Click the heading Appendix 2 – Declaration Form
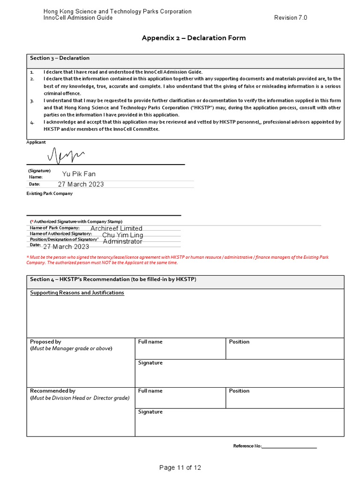click(x=194, y=38)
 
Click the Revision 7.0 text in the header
click(x=291, y=18)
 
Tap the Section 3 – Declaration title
click(x=60, y=58)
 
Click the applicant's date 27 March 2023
click(x=81, y=184)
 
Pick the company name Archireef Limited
click(x=116, y=228)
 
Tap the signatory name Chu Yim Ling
click(x=122, y=235)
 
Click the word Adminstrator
click(x=122, y=241)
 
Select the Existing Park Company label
click(x=49, y=194)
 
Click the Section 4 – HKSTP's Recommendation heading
click(x=113, y=279)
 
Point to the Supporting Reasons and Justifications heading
click(x=77, y=292)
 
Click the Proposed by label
click(x=45, y=342)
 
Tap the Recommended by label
click(x=52, y=390)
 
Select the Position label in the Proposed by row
click(x=239, y=342)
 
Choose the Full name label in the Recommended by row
click(x=150, y=390)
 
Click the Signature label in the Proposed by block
click(x=150, y=363)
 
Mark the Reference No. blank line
click(x=290, y=446)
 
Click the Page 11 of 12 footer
click(x=180, y=467)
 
